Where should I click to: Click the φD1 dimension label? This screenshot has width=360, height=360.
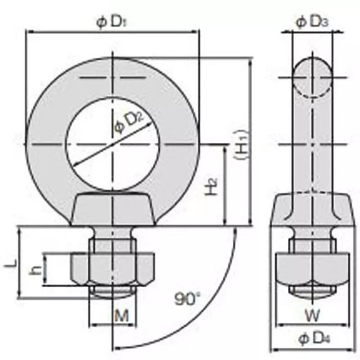pyautogui.click(x=112, y=22)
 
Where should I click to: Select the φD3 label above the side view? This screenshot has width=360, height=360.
pyautogui.click(x=312, y=22)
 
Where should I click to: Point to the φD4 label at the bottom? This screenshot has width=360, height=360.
pyautogui.click(x=314, y=339)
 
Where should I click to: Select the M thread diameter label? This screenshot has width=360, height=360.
pyautogui.click(x=121, y=315)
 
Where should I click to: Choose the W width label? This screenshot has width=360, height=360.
pyautogui.click(x=312, y=315)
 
